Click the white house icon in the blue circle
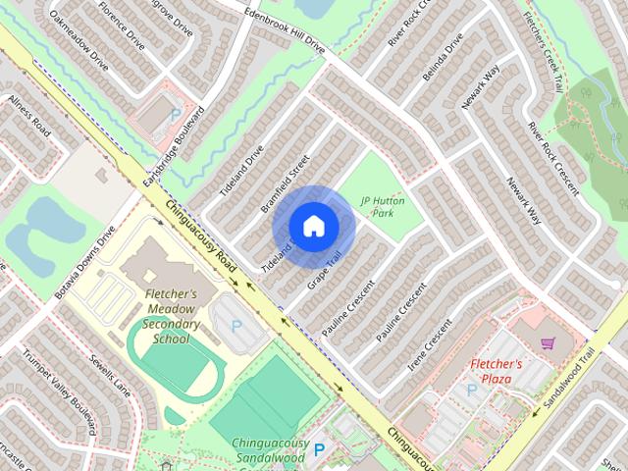[313, 226]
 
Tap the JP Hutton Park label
[382, 206]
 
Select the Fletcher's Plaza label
[501, 371]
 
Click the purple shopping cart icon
[549, 342]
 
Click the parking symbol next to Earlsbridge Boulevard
[176, 115]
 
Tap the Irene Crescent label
[430, 344]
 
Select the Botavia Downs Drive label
[86, 262]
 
